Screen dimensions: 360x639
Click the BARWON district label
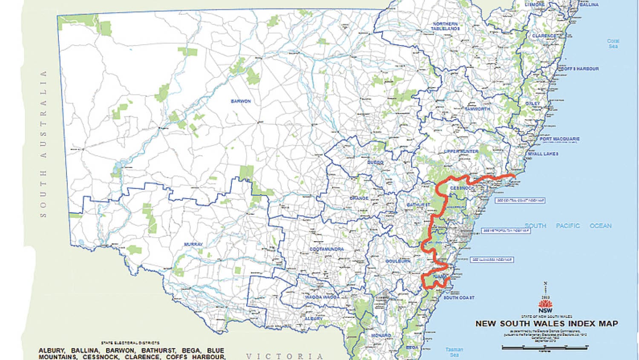pyautogui.click(x=241, y=101)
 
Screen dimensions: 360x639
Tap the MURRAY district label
pyautogui.click(x=193, y=245)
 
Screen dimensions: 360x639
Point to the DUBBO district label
pyautogui.click(x=375, y=162)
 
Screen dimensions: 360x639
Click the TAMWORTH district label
pyautogui.click(x=477, y=109)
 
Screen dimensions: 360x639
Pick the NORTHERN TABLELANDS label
pyautogui.click(x=445, y=26)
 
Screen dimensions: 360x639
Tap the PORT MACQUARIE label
pyautogui.click(x=559, y=139)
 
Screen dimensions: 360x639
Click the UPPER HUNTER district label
pyautogui.click(x=461, y=152)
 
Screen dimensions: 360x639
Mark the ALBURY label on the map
pyautogui.click(x=314, y=319)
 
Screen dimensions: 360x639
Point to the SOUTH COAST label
pyautogui.click(x=459, y=297)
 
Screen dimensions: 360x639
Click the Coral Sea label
pyautogui.click(x=613, y=43)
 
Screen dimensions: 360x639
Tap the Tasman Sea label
pyautogui.click(x=454, y=352)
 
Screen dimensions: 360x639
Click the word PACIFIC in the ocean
pyautogui.click(x=567, y=226)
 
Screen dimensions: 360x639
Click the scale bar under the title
pyautogui.click(x=545, y=348)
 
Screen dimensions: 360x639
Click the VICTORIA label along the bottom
pyautogui.click(x=285, y=356)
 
